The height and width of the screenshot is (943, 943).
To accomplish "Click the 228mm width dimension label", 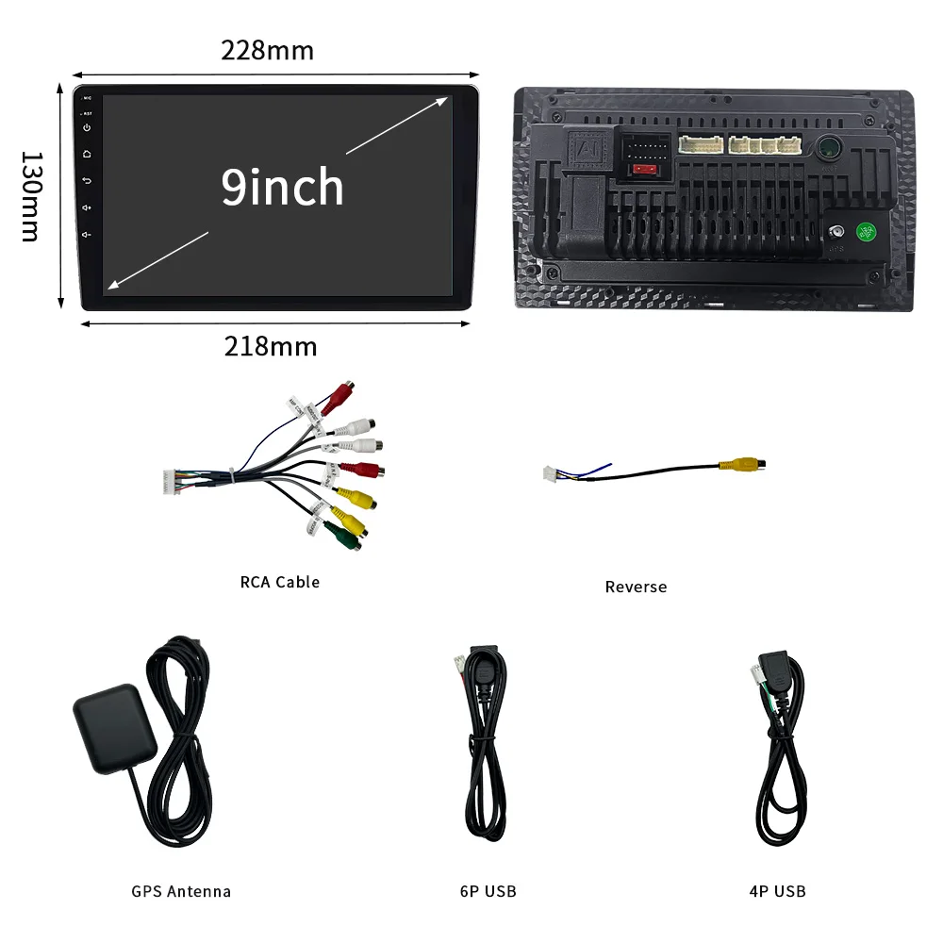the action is [268, 50].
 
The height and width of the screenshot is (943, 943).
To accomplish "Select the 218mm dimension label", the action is [271, 346].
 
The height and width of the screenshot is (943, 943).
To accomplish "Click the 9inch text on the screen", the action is [282, 187].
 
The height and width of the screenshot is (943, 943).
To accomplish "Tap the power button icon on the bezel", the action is [87, 126].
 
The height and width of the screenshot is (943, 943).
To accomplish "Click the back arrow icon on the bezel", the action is [87, 180].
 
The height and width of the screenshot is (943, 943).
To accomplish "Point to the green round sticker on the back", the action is [866, 232].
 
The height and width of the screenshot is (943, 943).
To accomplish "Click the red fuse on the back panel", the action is [645, 170].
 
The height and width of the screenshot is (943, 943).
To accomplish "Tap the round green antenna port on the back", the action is [830, 147].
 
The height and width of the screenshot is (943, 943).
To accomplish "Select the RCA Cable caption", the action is [280, 582].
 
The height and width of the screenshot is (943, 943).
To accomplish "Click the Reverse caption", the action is [636, 587].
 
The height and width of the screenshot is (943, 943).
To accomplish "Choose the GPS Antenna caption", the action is [181, 891].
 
